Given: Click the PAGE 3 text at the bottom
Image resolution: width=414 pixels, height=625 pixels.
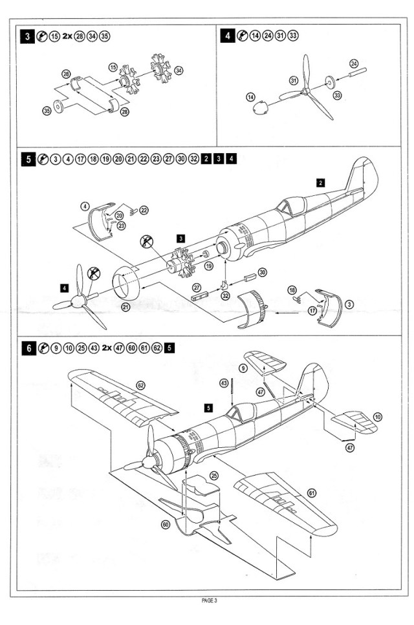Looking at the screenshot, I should click(x=208, y=600).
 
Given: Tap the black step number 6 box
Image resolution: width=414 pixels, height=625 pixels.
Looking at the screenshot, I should click(x=29, y=348).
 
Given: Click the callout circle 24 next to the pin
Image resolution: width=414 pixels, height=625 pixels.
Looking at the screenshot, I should click(x=353, y=63).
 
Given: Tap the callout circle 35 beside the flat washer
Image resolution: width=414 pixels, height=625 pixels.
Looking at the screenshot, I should click(x=46, y=111).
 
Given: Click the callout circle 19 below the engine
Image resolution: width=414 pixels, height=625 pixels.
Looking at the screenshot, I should click(x=208, y=266).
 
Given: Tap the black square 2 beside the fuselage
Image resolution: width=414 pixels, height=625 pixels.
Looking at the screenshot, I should click(x=320, y=183).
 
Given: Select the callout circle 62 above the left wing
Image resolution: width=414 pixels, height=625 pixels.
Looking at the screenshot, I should click(x=140, y=385).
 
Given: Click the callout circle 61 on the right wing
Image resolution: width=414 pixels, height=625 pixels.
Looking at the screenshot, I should click(x=312, y=493).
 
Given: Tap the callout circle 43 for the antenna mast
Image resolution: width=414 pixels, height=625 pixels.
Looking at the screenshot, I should click(x=224, y=383).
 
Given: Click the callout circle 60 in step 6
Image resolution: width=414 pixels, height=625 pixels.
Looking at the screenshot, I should click(x=166, y=524).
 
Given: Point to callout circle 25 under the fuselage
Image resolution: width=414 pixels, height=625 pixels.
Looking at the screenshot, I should click(x=214, y=475).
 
